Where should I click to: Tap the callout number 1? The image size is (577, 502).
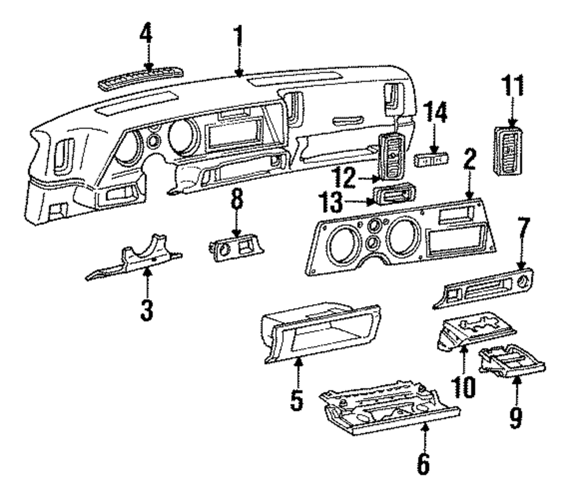tap(239, 36)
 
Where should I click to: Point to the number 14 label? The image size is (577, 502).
tap(434, 113)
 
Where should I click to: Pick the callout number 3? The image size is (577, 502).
tap(147, 310)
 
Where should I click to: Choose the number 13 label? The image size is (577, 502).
tap(330, 202)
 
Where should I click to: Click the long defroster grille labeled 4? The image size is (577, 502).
tap(141, 78)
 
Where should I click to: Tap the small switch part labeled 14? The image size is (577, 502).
tap(432, 159)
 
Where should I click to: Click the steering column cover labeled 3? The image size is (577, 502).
tap(134, 257)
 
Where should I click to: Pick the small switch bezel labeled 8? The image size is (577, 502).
tap(236, 249)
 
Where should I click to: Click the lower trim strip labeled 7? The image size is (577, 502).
tap(483, 288)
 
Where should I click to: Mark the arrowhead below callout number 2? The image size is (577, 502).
tap(469, 195)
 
